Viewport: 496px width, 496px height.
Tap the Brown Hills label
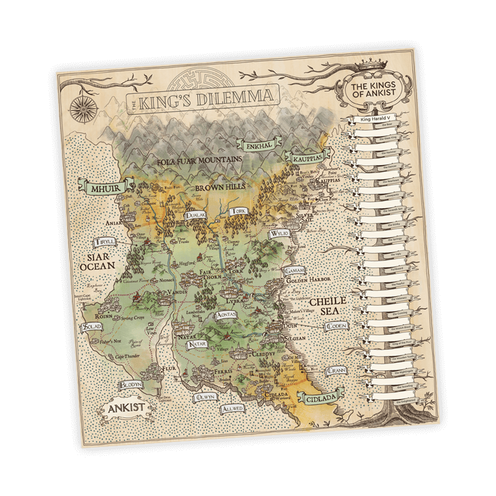point(220,186)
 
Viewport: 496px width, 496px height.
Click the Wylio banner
point(277,234)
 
